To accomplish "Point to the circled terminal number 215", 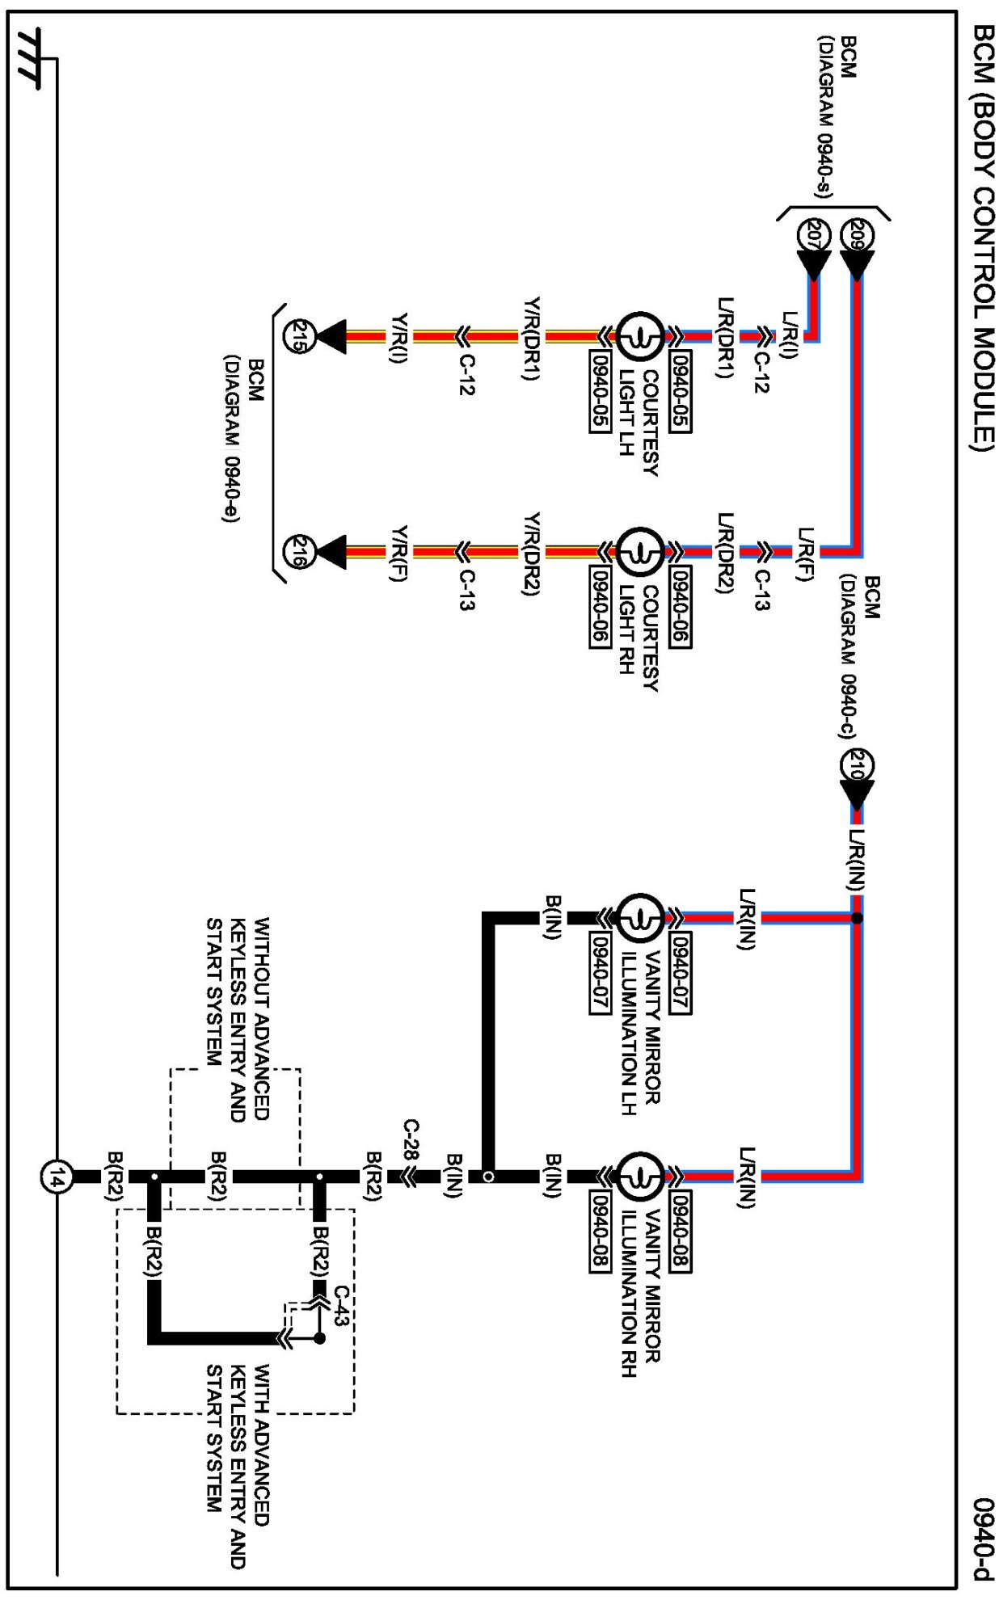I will [x=297, y=336].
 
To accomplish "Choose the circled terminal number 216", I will [x=297, y=552].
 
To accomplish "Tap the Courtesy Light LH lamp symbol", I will [x=640, y=336].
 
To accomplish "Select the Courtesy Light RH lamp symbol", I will [x=640, y=552].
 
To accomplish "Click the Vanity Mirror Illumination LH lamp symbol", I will [x=640, y=918].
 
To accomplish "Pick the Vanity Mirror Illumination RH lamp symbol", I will [x=640, y=1177].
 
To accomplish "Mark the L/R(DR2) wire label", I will [x=725, y=552].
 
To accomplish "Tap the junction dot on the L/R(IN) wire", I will [x=857, y=918].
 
